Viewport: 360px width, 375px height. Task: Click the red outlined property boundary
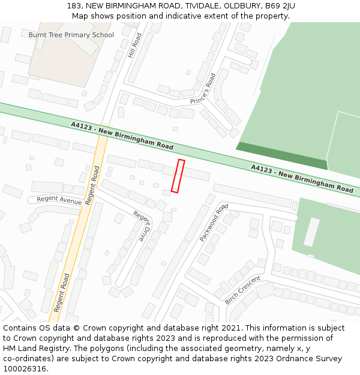178,176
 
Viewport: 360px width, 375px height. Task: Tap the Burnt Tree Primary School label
71,35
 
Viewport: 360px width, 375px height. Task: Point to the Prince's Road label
203,90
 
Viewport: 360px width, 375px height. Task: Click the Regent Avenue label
59,200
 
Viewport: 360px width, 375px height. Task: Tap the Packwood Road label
214,222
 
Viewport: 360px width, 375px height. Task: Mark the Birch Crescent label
242,290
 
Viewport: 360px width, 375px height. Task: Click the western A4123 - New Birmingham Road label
122,136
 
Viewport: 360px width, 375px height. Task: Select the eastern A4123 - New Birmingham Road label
302,179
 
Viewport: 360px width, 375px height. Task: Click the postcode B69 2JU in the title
278,6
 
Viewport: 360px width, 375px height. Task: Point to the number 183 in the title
74,6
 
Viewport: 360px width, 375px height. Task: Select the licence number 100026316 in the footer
24,368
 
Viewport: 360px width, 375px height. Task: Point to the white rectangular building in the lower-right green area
311,232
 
